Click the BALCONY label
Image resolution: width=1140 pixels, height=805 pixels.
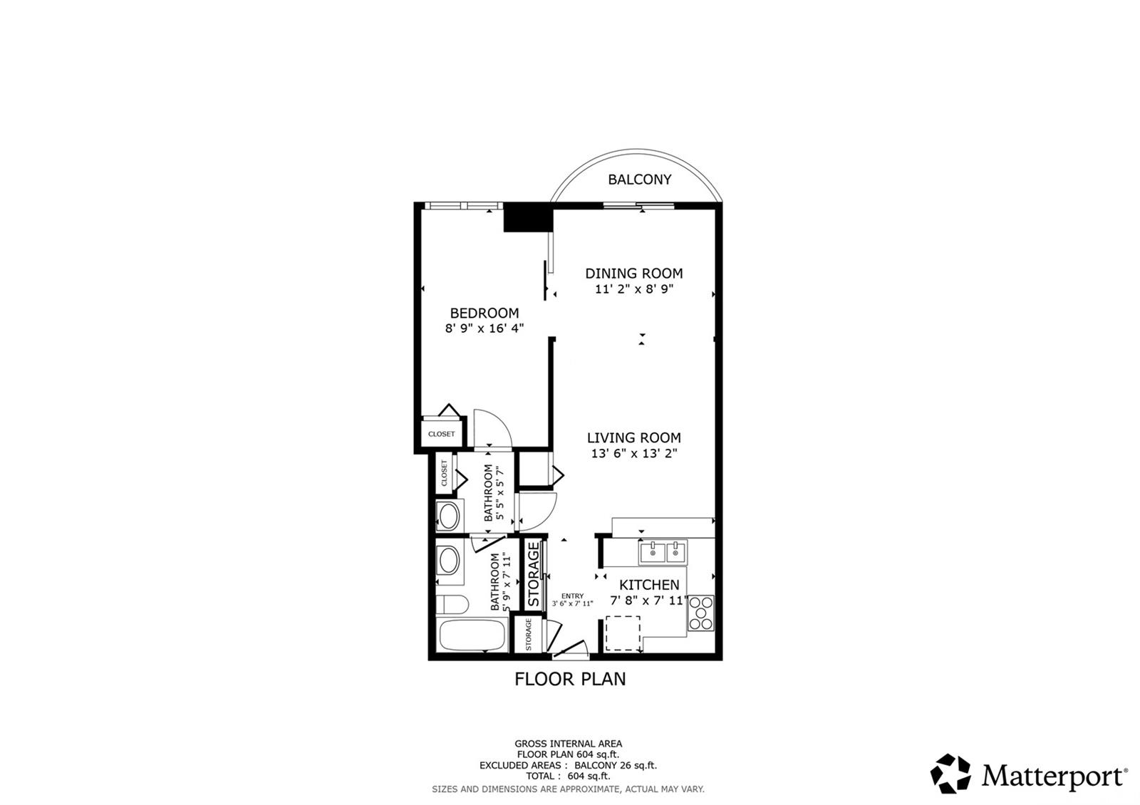tap(640, 179)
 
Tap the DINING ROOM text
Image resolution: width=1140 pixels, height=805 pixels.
tap(634, 274)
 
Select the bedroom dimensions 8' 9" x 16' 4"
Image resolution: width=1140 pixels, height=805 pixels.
tap(484, 328)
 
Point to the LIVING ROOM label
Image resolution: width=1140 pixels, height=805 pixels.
tap(634, 437)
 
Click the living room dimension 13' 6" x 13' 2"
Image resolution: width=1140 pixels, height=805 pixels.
tap(634, 453)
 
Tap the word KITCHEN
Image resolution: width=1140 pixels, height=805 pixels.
tap(649, 585)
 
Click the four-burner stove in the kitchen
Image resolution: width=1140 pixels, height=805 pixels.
tap(701, 613)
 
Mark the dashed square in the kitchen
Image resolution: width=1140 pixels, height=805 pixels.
tap(623, 633)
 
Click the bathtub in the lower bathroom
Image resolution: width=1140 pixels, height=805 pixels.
tap(472, 635)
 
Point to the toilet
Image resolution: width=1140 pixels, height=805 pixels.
tap(452, 605)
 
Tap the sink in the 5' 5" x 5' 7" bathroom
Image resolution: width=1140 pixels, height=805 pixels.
tap(450, 516)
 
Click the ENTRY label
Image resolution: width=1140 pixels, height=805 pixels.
tap(573, 596)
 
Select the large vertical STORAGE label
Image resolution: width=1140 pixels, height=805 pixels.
tap(534, 574)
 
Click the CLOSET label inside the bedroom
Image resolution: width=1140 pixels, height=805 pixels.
tap(441, 434)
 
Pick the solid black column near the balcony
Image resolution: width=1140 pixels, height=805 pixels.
tap(528, 217)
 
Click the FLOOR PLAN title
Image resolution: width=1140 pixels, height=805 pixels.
tap(570, 679)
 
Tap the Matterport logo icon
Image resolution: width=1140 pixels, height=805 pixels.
tap(950, 774)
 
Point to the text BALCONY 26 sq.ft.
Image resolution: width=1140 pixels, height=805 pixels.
tap(616, 765)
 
